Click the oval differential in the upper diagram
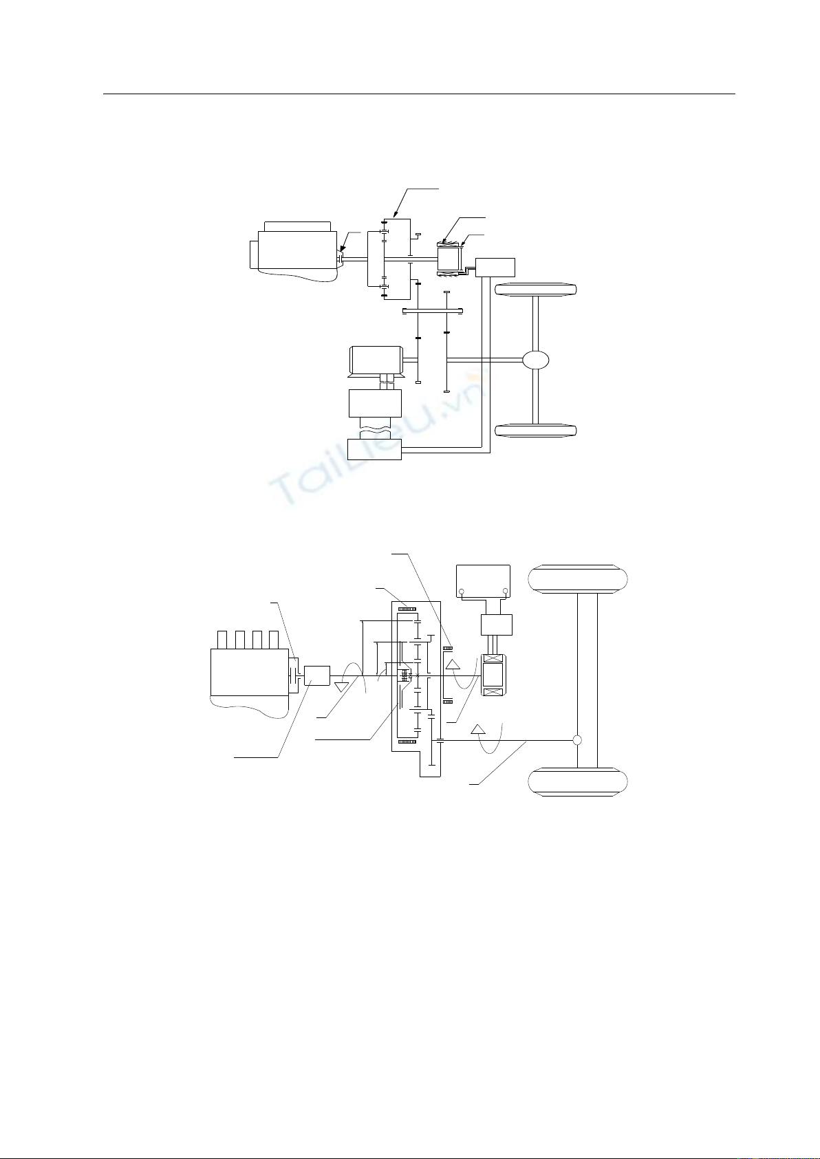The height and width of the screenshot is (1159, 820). coord(535,360)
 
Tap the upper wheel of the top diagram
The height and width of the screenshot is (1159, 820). coord(536,289)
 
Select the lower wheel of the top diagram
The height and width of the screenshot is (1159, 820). coord(536,431)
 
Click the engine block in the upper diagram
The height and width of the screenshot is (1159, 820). coord(293,252)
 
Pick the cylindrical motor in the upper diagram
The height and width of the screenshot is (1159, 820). coord(376,360)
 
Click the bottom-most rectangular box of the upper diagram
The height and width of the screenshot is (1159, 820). coord(374,449)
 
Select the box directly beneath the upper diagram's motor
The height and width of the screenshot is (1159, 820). coord(375,403)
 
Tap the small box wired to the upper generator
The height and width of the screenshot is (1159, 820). coord(495,268)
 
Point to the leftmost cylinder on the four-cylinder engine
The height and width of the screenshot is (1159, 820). coord(222,640)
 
